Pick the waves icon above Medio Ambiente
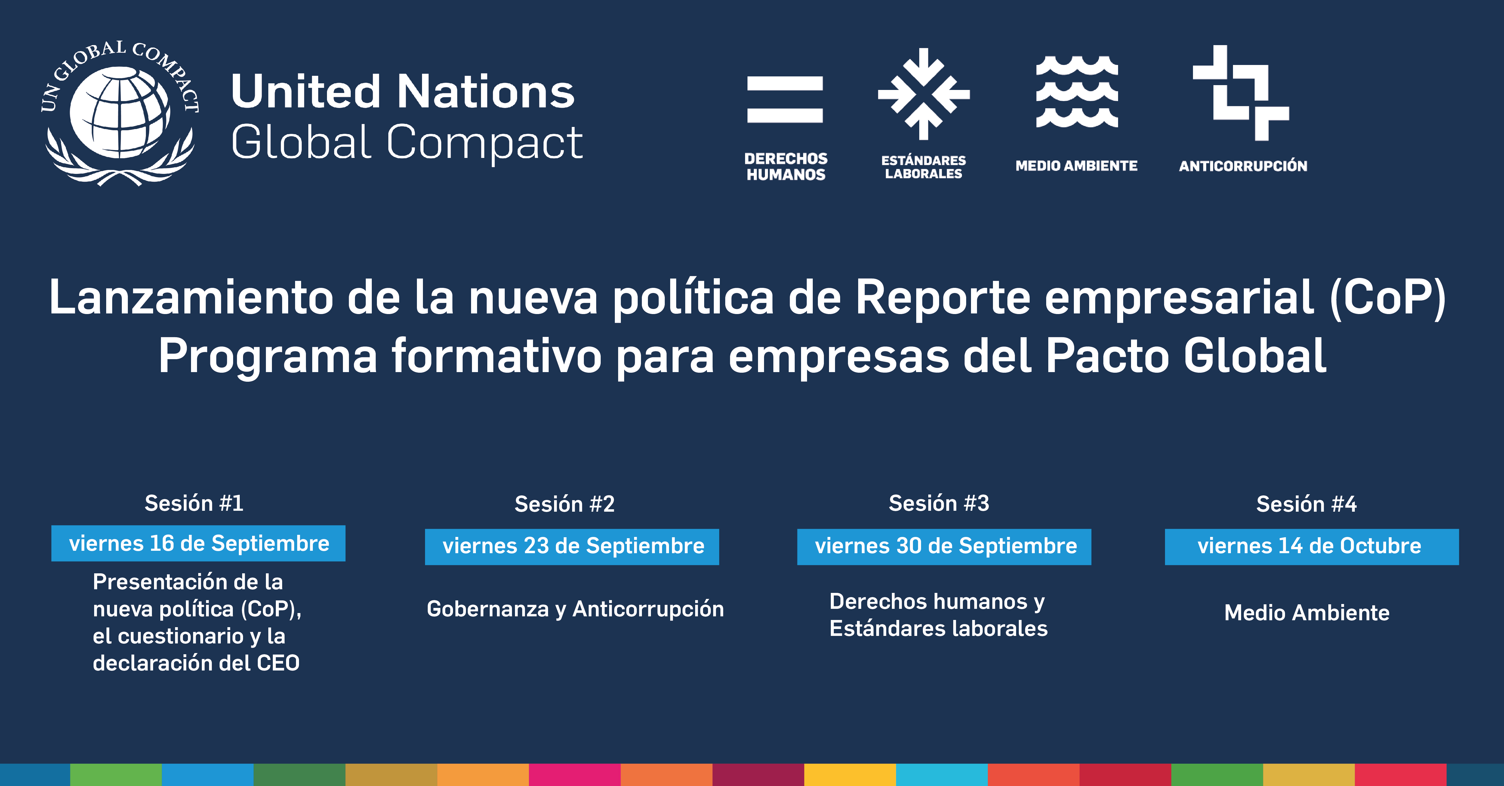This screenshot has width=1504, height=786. point(1077,92)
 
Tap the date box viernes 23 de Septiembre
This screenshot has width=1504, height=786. point(572,547)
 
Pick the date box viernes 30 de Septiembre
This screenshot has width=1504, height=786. point(944,547)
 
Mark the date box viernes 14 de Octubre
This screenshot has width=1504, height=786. point(1312,547)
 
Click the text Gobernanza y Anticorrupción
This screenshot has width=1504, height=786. point(575,609)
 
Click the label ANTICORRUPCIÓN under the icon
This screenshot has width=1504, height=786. point(1243,166)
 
